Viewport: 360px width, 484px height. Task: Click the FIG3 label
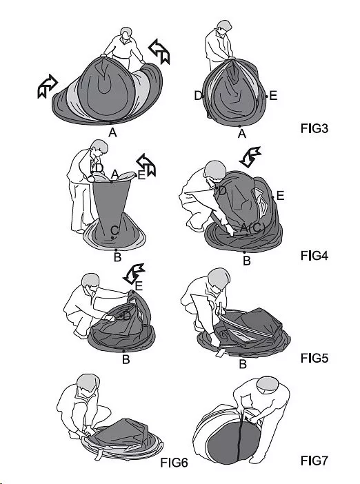click(x=314, y=128)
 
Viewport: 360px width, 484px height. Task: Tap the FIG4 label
click(x=314, y=256)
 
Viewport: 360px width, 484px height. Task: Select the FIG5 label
click(x=314, y=358)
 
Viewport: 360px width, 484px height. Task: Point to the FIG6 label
click(x=174, y=463)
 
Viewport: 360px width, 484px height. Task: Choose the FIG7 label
click(x=314, y=461)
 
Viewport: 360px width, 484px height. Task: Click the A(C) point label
click(x=252, y=228)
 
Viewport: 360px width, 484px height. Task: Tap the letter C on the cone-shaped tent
click(x=114, y=230)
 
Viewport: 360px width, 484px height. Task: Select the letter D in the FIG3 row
click(x=198, y=96)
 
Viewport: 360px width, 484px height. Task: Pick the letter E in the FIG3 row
click(x=273, y=96)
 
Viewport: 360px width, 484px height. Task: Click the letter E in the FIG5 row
click(x=139, y=286)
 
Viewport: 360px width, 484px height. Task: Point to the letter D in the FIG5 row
click(x=126, y=316)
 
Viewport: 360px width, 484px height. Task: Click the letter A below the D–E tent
click(x=242, y=134)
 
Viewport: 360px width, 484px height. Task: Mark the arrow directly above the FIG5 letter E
click(x=134, y=273)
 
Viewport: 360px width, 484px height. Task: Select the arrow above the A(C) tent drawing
click(x=250, y=157)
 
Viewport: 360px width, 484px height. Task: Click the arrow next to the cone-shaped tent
click(x=146, y=165)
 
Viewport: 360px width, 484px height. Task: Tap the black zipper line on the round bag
click(x=239, y=438)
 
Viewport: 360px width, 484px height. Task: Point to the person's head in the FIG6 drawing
click(x=88, y=383)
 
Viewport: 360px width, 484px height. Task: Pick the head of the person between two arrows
click(x=126, y=34)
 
